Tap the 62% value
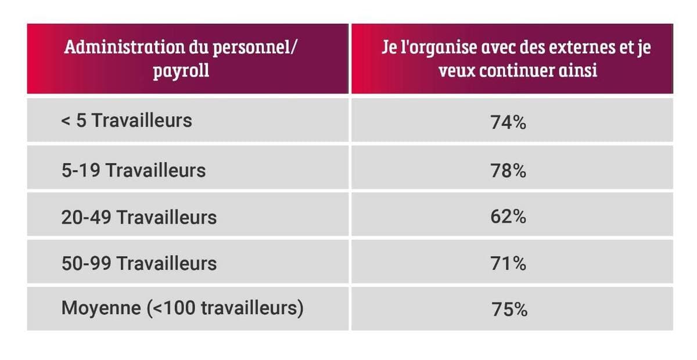[508, 217]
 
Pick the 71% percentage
[508, 264]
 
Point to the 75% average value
[509, 309]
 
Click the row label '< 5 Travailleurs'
[126, 121]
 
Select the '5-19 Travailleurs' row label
[133, 170]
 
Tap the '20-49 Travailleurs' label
[139, 217]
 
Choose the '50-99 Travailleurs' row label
[139, 264]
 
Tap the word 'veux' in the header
[458, 71]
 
